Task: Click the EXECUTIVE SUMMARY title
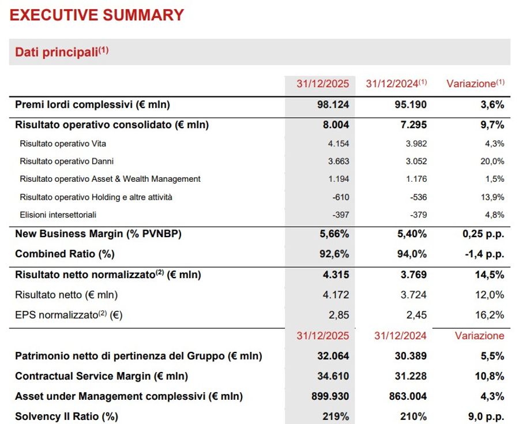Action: coord(97,15)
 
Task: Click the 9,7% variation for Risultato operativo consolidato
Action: coord(491,125)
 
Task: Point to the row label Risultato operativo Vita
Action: coord(63,144)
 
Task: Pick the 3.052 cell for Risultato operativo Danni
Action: coord(416,162)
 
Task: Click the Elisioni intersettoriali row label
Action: coord(58,215)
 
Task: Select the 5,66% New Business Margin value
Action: coord(334,234)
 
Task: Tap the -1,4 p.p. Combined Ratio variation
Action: coord(484,254)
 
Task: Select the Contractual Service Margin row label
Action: coord(101,376)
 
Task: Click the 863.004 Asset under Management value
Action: coord(406,396)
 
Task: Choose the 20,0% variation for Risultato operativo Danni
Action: coord(492,162)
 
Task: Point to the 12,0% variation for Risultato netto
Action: coord(491,295)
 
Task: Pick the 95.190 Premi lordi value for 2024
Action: coord(411,105)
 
